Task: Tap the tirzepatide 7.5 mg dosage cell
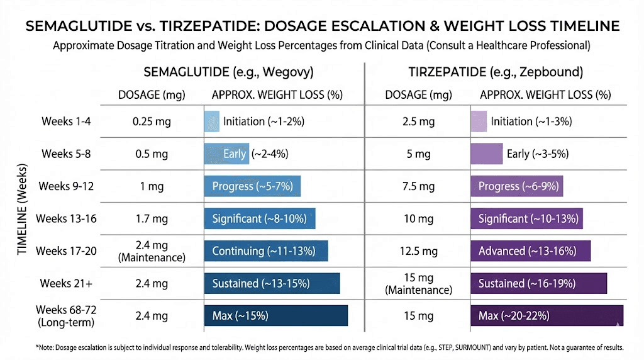(418, 186)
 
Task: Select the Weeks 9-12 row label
(67, 186)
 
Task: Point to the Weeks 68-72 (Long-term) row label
(67, 316)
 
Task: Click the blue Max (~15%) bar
(275, 315)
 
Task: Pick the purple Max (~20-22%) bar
(547, 315)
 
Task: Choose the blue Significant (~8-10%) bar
(259, 218)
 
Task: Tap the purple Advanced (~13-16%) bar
(530, 250)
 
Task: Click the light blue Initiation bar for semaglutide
(211, 121)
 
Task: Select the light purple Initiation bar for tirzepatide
(479, 121)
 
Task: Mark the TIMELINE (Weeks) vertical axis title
(22, 211)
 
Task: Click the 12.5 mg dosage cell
(418, 251)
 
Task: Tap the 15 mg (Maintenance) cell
(418, 283)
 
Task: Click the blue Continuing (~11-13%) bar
(265, 250)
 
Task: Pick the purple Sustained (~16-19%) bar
(538, 283)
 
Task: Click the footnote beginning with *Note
(322, 347)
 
